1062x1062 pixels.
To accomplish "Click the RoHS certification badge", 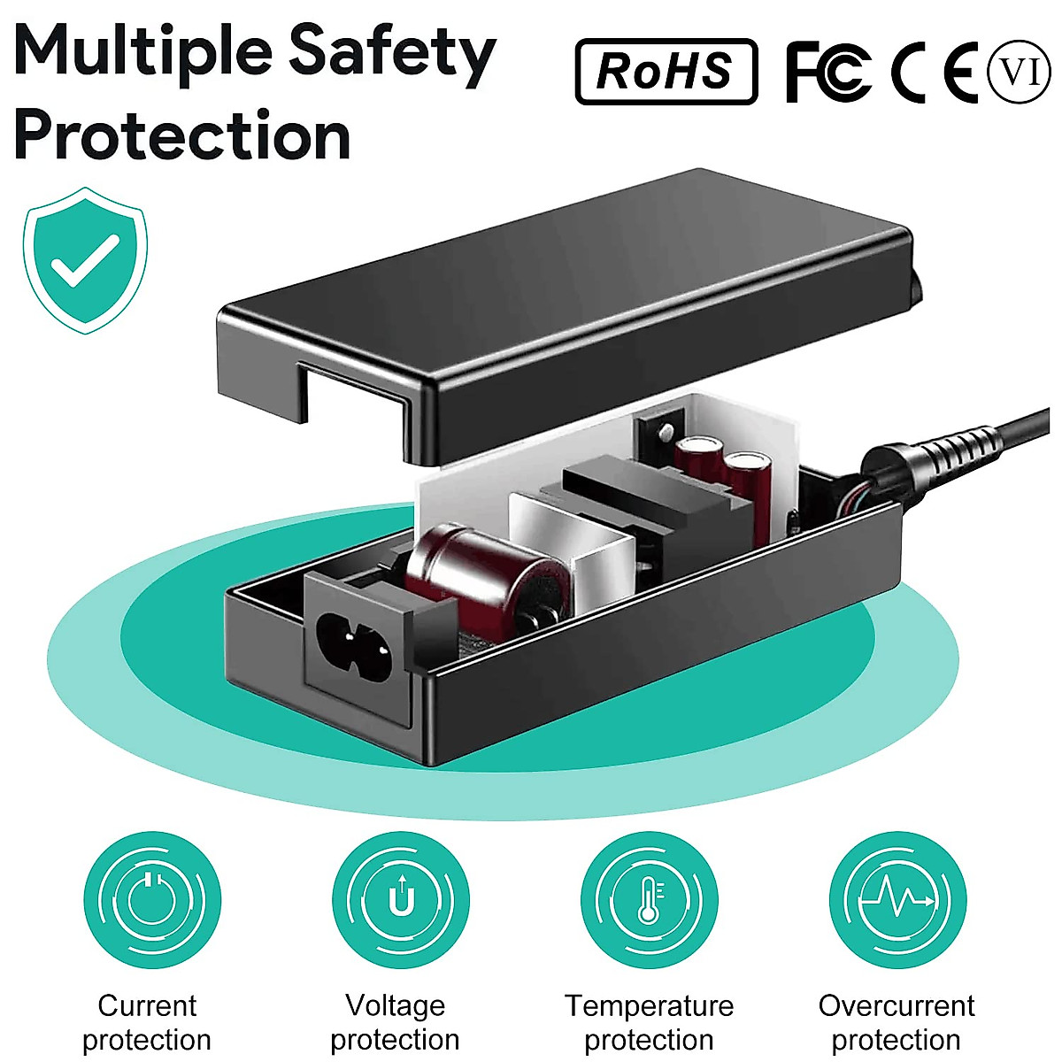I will tap(666, 72).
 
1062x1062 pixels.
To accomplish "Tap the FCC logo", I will tap(827, 72).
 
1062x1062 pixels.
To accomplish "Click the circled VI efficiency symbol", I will tap(1020, 71).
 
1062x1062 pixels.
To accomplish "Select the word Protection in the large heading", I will tap(182, 135).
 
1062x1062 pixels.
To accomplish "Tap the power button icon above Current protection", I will tap(151, 901).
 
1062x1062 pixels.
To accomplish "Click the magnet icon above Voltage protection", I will tap(401, 901).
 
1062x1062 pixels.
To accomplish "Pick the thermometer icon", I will tap(650, 901).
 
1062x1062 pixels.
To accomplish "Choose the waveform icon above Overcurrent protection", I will tap(897, 901).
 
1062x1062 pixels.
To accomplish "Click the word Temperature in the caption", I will tap(649, 1006).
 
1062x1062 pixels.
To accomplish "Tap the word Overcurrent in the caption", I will tap(896, 1006).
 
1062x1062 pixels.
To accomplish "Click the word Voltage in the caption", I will tap(395, 1005).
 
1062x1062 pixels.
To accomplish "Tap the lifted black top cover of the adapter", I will tap(566, 292).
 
